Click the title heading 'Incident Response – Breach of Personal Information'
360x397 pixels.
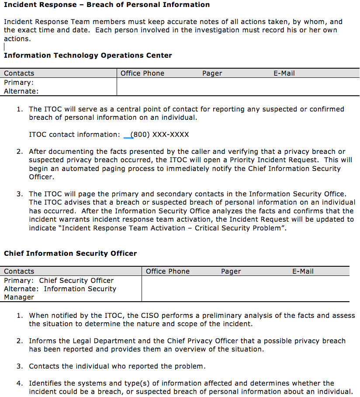(107, 5)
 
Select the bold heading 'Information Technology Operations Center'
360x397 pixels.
(88, 56)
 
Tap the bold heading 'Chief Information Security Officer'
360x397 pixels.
(70, 254)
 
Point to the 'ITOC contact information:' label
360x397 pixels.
(74, 135)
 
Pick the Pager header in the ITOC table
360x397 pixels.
(212, 73)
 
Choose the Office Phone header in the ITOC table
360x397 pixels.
(142, 73)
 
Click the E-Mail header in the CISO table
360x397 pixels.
(303, 272)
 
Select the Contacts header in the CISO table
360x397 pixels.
(19, 272)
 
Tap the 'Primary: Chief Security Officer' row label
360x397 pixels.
(59, 281)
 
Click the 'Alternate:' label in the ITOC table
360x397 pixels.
(21, 91)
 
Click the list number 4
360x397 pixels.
(20, 383)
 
